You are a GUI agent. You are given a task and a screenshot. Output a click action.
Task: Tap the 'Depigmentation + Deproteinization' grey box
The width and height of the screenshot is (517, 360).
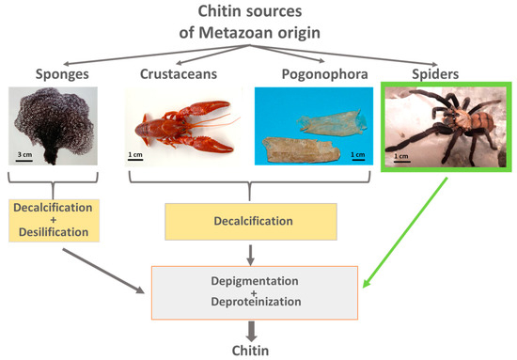(x=257, y=291)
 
